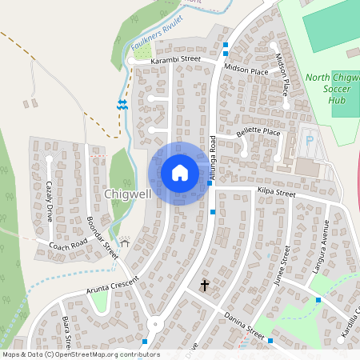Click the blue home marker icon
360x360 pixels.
click(x=180, y=173)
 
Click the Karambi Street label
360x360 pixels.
click(x=176, y=60)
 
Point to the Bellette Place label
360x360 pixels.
click(x=258, y=132)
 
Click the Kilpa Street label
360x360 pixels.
click(x=277, y=193)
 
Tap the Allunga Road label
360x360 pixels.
click(x=213, y=156)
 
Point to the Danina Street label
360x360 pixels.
click(x=243, y=326)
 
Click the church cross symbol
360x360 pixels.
click(x=204, y=285)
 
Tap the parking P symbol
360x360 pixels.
click(x=310, y=140)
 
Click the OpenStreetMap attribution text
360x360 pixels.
click(x=81, y=354)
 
